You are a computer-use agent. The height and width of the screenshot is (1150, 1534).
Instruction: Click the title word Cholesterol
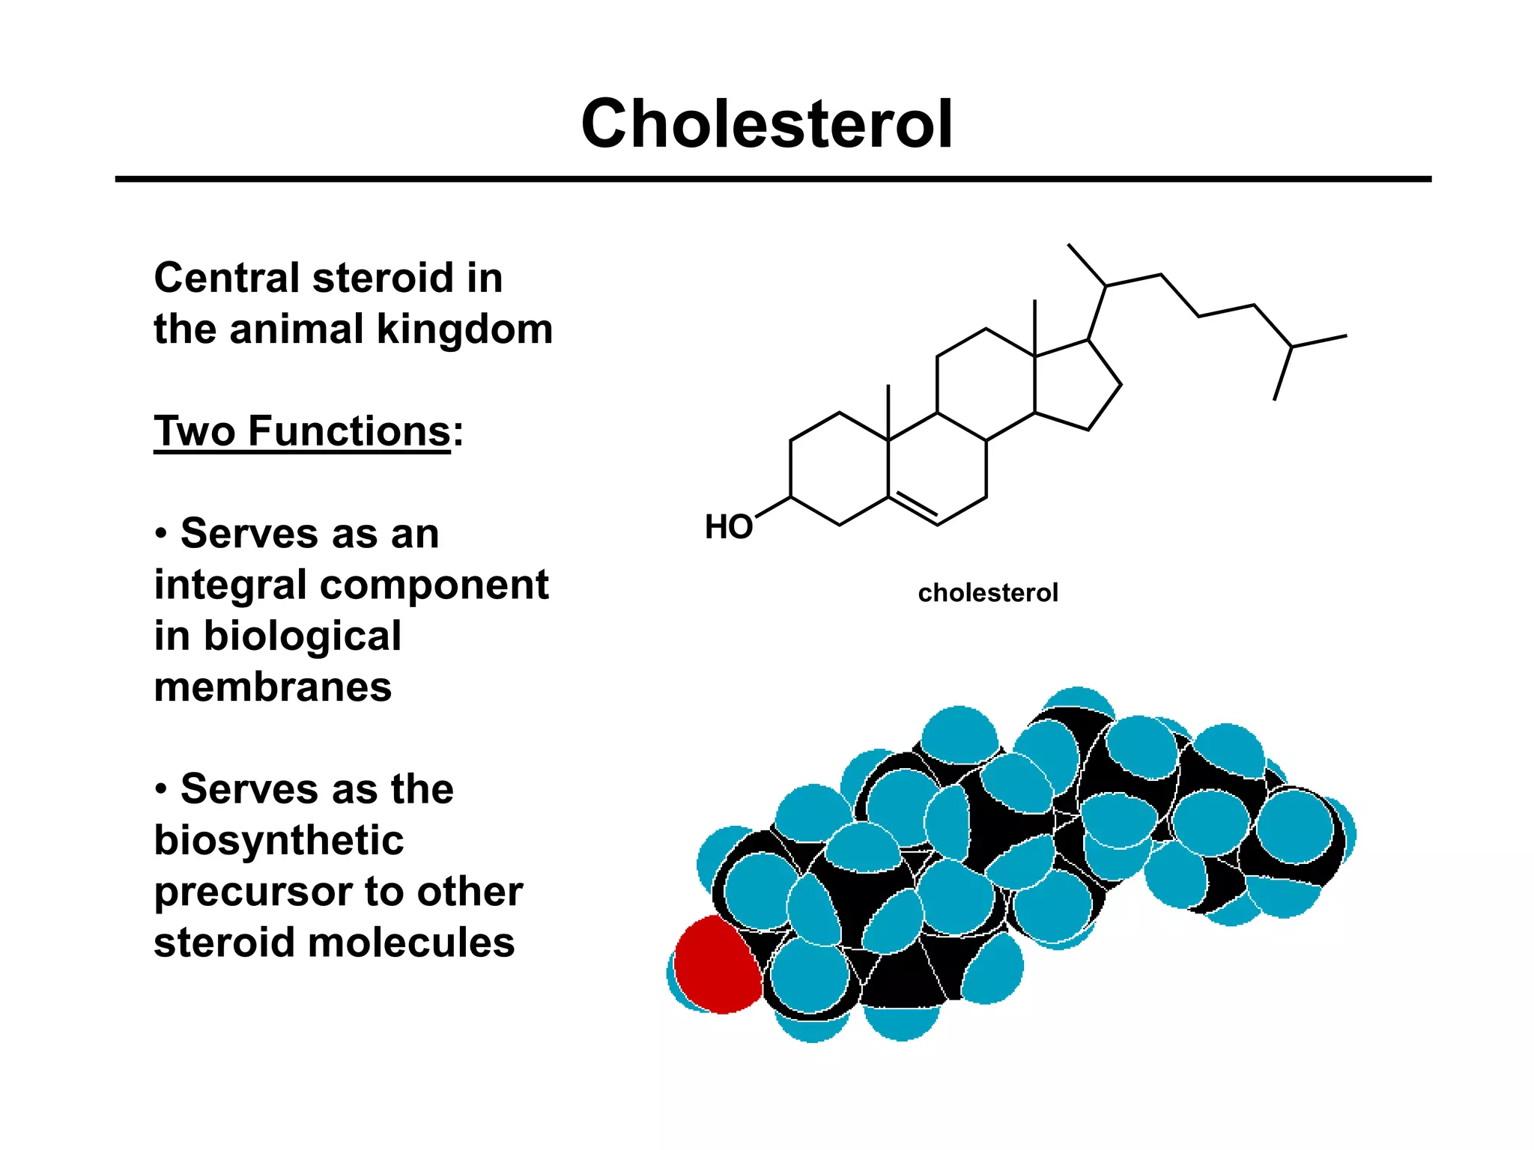766,124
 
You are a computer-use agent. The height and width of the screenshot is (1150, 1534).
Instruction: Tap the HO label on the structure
728,527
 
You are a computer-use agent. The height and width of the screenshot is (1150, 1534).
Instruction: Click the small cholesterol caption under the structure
987,593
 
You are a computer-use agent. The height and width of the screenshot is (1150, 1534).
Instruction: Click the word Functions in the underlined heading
349,432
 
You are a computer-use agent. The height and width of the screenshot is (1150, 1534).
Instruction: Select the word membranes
273,687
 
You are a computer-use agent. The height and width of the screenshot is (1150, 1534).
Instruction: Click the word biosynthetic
279,841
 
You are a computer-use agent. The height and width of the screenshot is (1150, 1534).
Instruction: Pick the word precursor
252,892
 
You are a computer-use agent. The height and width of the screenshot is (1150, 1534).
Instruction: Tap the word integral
229,585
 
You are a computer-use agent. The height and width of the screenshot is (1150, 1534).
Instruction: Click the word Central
227,278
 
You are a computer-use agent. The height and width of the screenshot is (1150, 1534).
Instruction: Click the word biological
302,636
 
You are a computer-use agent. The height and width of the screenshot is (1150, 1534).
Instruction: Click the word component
434,585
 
